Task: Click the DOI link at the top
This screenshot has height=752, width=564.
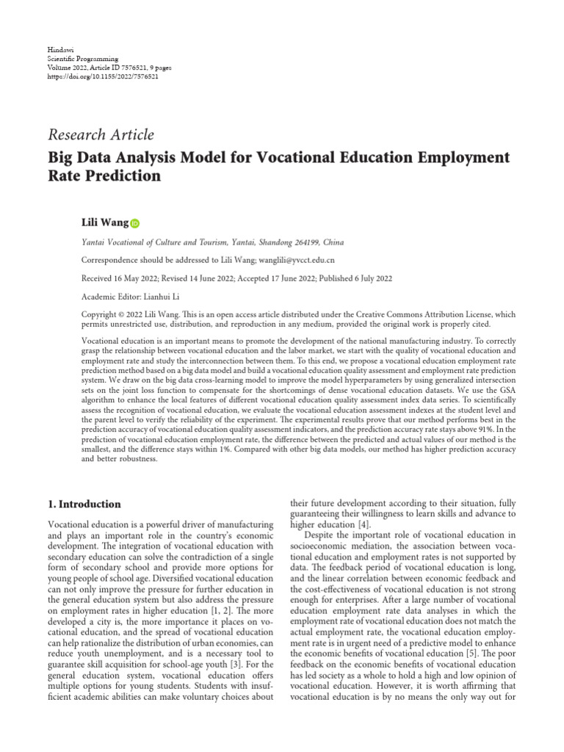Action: (x=102, y=76)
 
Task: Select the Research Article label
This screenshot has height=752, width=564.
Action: (x=101, y=134)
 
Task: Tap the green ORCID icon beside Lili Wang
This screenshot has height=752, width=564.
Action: (x=135, y=223)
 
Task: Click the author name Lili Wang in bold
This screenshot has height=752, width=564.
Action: (x=104, y=222)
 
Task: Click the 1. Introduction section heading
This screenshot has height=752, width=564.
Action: (x=84, y=505)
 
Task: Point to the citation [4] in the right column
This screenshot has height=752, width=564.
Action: (x=362, y=525)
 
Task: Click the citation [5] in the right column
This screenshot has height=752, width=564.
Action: (x=478, y=654)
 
